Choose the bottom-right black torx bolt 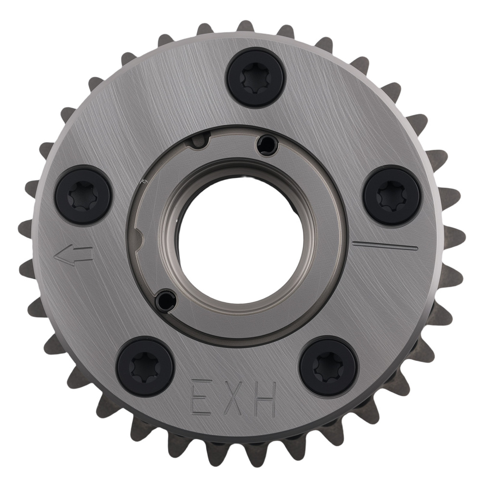pos(329,364)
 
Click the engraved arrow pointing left pos(73,254)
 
